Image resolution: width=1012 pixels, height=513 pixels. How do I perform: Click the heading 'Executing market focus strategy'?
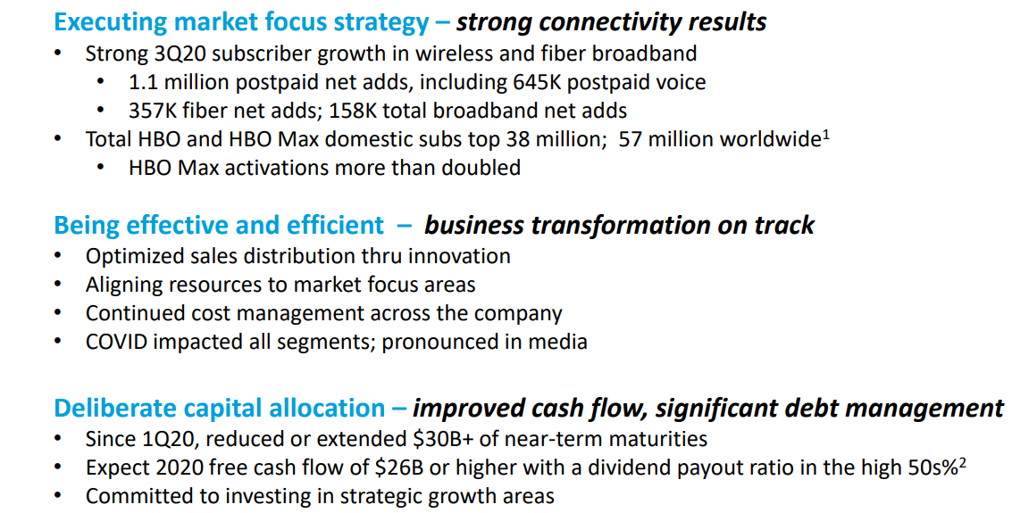[x=241, y=23]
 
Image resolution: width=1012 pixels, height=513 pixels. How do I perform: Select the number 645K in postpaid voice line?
[x=537, y=82]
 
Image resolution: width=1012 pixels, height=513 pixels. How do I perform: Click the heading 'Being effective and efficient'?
[x=219, y=226]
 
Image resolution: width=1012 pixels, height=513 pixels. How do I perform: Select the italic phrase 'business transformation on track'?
[x=619, y=226]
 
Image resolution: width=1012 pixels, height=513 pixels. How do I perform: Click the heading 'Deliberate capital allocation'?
[x=220, y=409]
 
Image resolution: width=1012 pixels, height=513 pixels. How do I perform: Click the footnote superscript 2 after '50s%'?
[x=962, y=463]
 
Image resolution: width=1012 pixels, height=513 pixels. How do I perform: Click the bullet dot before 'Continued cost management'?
[x=58, y=313]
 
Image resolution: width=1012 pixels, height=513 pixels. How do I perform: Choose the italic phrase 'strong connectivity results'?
[x=611, y=23]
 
